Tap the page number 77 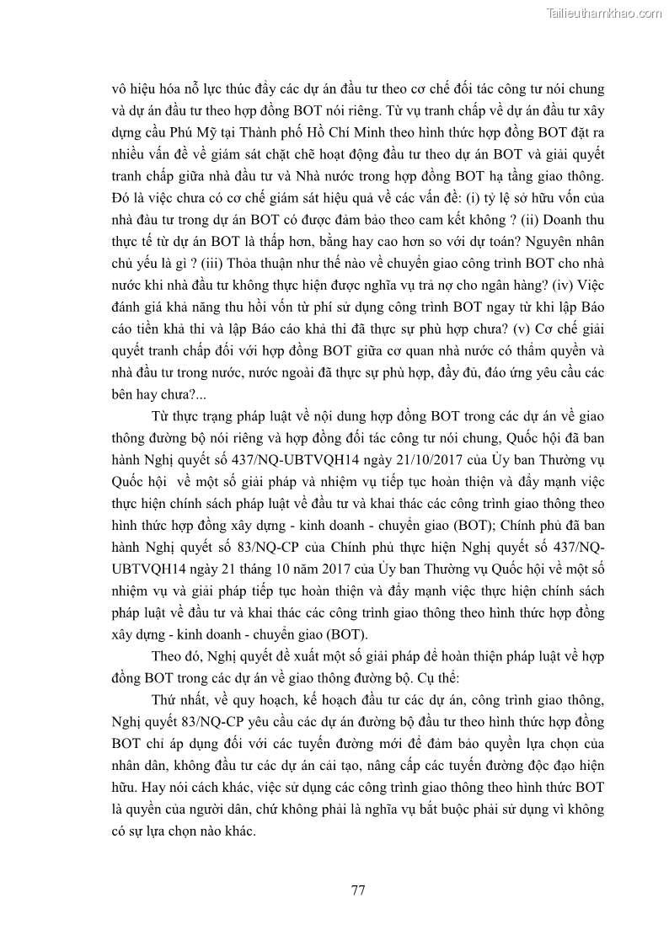pyautogui.click(x=357, y=890)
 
